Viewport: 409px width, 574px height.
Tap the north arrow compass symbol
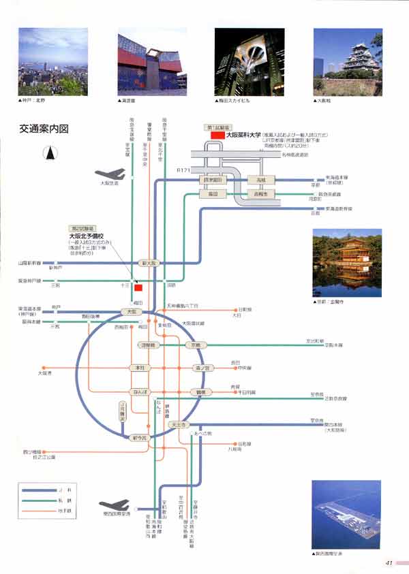coord(50,154)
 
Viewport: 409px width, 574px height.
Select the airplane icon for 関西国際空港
coord(114,505)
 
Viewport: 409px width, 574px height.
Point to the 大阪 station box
coord(132,311)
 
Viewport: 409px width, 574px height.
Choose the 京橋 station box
coord(196,345)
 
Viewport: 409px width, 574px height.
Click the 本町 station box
coord(138,368)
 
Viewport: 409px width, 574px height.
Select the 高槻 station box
coord(260,180)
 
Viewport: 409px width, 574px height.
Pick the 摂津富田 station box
coord(213,180)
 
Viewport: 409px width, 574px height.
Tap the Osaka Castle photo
coord(348,62)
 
